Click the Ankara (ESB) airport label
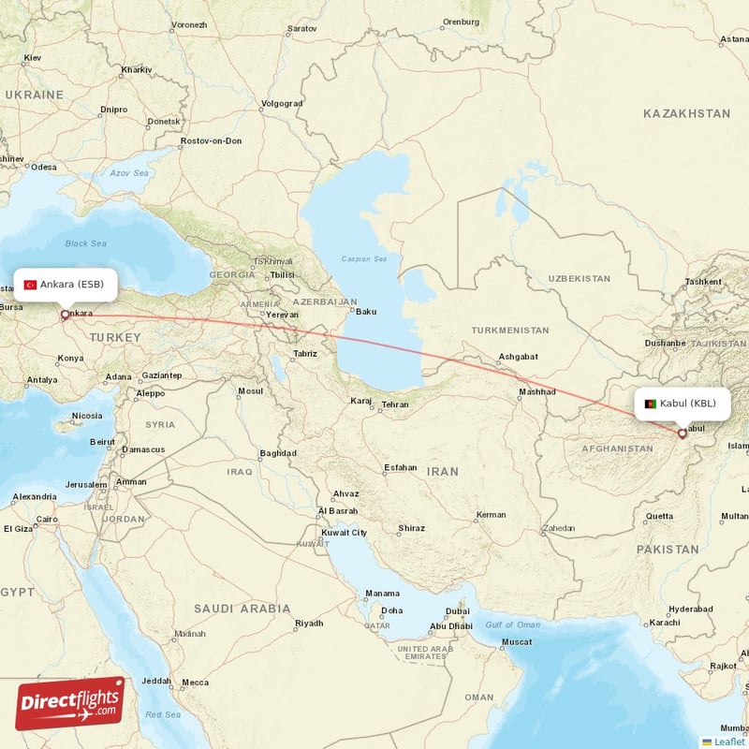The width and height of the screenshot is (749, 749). [x=71, y=284]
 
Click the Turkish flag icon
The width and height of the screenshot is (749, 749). [x=30, y=284]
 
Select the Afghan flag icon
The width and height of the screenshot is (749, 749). [x=651, y=404]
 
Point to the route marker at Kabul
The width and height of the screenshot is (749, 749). [x=683, y=433]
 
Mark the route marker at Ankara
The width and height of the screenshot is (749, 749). [x=65, y=316]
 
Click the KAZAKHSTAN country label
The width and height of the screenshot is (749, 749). [x=686, y=113]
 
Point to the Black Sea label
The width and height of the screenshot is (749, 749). [x=86, y=243]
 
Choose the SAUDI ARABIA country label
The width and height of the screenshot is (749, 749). [x=242, y=609]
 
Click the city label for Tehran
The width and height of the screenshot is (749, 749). [x=395, y=404]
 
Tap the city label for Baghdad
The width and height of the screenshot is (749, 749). [x=278, y=453]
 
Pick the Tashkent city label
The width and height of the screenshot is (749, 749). [x=703, y=282]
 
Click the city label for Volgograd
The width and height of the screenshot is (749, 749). [x=282, y=103]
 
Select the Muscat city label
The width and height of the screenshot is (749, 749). [x=517, y=642]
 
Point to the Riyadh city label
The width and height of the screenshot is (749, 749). [x=309, y=624]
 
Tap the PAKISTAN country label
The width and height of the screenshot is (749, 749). [x=668, y=550]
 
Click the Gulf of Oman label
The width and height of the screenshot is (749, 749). [x=513, y=624]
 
